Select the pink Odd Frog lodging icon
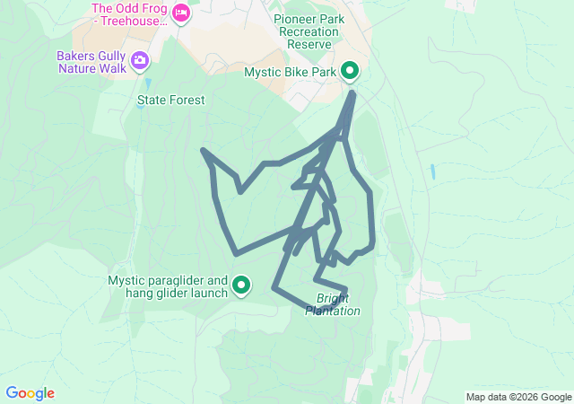click(181, 13)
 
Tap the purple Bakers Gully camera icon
click(140, 61)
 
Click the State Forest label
click(170, 101)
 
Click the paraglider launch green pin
click(241, 285)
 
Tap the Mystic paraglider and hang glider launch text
click(169, 286)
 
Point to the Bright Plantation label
click(333, 304)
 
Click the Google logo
click(30, 393)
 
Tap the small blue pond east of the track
click(433, 171)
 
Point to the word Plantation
click(333, 312)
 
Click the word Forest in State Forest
click(187, 101)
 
